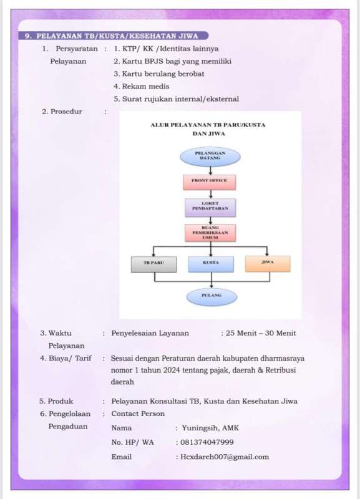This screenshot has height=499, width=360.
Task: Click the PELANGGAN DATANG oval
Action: click(x=210, y=157)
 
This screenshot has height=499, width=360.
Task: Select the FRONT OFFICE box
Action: click(x=210, y=182)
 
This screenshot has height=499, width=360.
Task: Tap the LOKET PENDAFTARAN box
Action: click(x=210, y=208)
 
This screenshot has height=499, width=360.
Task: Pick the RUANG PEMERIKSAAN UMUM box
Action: click(x=210, y=233)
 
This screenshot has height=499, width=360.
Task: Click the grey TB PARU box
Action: click(x=153, y=264)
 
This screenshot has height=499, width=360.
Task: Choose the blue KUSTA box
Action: click(x=211, y=264)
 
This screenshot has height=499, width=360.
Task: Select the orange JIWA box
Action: click(x=268, y=263)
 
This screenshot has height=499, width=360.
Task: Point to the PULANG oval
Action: click(x=212, y=297)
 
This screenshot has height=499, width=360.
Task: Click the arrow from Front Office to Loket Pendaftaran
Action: click(x=210, y=194)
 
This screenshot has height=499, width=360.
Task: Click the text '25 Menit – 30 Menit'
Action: click(x=261, y=333)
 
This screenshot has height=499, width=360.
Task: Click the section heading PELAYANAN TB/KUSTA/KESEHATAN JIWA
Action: click(x=117, y=36)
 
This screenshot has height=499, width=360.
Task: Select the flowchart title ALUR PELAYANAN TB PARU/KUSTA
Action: click(x=208, y=125)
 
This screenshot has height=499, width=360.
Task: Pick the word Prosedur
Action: click(x=66, y=112)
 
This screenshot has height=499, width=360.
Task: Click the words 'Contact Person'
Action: click(x=138, y=414)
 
